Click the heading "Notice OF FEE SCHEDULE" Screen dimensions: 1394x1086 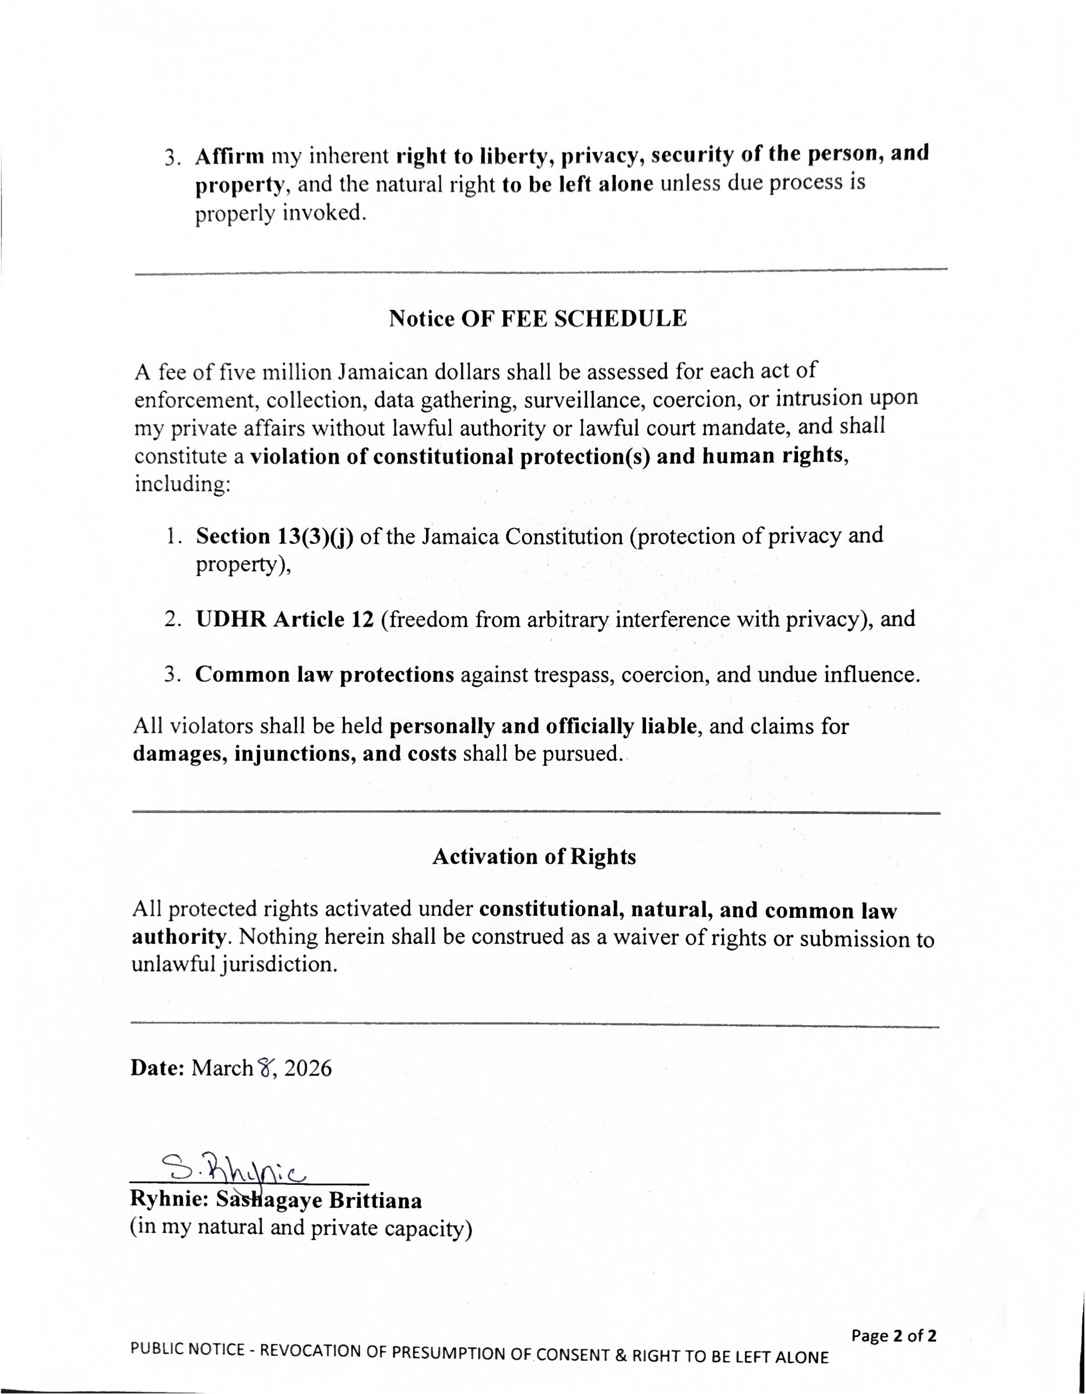[x=538, y=319]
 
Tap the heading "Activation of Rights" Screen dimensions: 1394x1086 [x=534, y=857]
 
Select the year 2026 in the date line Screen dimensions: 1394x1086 [x=308, y=1068]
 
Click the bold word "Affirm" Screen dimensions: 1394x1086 [x=230, y=156]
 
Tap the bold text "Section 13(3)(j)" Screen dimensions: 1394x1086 [x=274, y=536]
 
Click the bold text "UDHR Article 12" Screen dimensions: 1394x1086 [x=285, y=619]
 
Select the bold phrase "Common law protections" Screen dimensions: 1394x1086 [x=325, y=675]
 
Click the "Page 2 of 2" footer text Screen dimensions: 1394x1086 [x=893, y=1335]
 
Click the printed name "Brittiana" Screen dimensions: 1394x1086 [x=375, y=1201]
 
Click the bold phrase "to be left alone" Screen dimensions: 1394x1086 [x=577, y=185]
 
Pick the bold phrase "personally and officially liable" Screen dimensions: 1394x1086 [x=542, y=726]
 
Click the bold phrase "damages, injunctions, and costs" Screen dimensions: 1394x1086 [x=294, y=754]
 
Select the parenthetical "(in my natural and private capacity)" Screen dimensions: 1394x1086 [x=301, y=1227]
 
